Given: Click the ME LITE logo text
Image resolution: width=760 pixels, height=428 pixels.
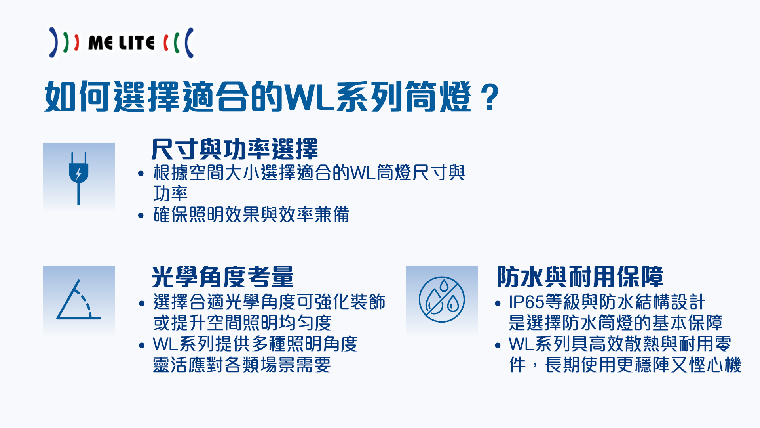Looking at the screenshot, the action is [121, 43].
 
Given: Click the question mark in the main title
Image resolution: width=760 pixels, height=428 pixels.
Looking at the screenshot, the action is [491, 97].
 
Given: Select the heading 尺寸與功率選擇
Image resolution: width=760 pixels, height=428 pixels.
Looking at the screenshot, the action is [235, 149].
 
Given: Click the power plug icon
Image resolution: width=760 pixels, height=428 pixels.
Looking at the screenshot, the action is [79, 178].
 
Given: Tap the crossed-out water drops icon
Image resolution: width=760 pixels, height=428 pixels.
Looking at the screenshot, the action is [442, 299].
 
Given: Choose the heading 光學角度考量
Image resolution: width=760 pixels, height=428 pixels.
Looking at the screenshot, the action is [223, 277].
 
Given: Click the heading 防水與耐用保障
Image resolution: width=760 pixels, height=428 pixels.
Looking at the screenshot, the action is [580, 277].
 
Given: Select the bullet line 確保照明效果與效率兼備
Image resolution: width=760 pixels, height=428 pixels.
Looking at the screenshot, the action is [251, 215].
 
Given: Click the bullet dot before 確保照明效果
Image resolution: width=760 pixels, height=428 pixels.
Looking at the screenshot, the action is [141, 216].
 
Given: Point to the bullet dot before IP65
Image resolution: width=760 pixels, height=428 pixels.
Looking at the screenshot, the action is [498, 304].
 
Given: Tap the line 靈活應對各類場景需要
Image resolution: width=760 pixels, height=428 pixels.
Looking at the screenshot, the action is [242, 365].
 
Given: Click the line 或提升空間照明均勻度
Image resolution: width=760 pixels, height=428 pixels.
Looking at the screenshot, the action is [242, 323].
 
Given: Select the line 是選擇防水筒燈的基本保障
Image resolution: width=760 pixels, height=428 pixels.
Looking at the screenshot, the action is [616, 323].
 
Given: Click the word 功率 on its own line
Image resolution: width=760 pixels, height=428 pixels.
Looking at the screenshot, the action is [171, 194].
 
